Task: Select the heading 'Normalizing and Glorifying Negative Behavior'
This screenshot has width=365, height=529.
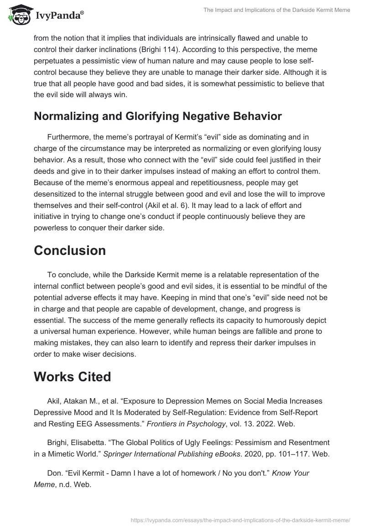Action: [157, 116]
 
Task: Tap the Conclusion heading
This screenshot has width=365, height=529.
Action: [70, 250]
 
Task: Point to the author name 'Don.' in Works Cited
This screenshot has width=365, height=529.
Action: [55, 473]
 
